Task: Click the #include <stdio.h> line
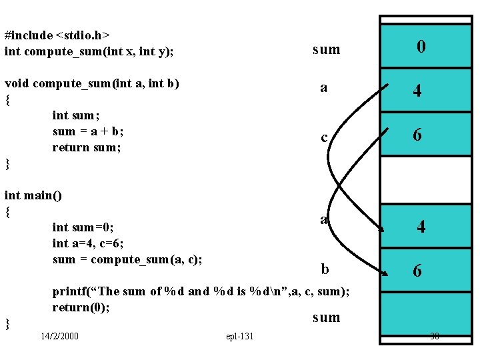57,35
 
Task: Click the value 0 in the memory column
421,47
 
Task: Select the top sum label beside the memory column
326,49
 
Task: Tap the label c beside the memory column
324,138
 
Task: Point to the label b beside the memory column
325,269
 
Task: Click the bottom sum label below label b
326,317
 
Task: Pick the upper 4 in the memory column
417,91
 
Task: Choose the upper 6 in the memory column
417,135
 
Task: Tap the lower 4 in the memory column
421,227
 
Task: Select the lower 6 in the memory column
417,271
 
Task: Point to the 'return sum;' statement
87,147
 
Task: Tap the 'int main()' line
33,195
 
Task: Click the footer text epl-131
240,336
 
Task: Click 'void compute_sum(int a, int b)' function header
92,84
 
